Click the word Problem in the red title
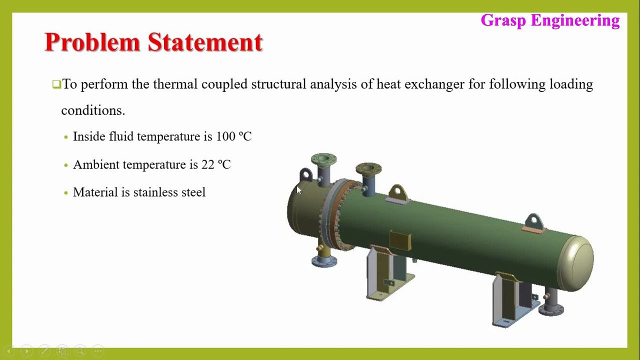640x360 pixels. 92,42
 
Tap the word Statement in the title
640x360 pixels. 205,42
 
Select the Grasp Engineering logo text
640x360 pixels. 550,20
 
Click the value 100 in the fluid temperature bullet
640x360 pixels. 225,136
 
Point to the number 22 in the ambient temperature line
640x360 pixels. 207,164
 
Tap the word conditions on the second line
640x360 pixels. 93,110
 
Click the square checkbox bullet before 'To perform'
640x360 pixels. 56,84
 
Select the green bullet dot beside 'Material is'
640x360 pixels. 66,193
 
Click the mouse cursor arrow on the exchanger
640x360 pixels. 299,190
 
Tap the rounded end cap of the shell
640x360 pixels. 576,263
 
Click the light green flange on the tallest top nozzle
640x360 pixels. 323,159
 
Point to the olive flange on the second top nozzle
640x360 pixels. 368,169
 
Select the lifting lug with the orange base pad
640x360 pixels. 534,223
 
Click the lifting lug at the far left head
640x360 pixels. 305,174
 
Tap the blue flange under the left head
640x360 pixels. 324,261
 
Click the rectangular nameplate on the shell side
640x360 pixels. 400,240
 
